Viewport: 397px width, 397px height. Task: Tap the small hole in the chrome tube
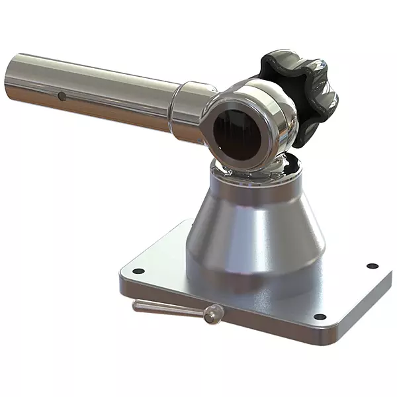point(62,97)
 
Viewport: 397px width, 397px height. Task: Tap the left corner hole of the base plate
point(138,271)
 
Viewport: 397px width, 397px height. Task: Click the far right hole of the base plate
point(372,266)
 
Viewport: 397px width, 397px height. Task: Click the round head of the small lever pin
point(212,316)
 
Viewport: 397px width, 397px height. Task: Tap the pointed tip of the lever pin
point(136,304)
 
